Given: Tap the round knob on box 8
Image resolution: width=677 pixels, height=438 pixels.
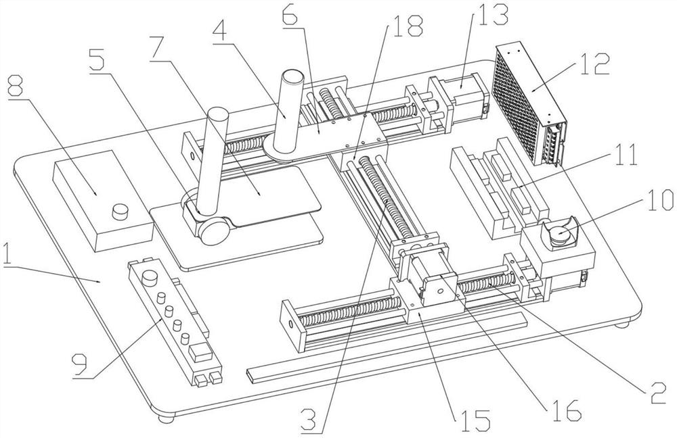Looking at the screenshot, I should pyautogui.click(x=121, y=210).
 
